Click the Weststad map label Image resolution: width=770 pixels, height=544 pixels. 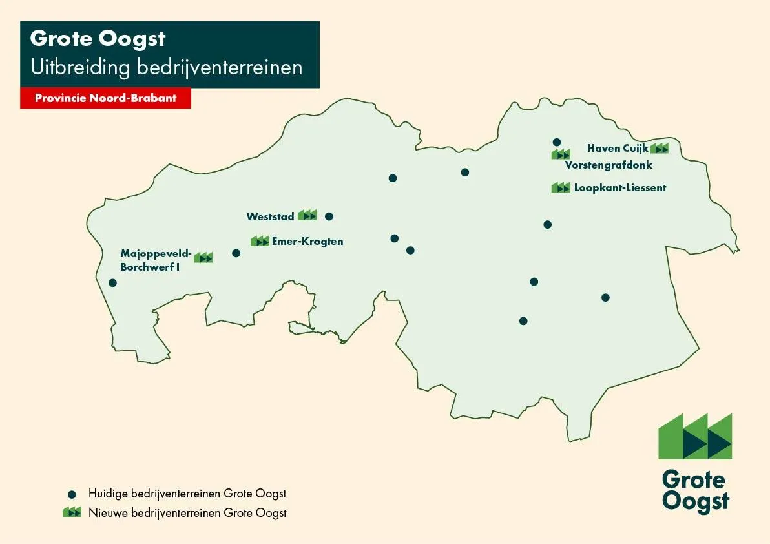(x=270, y=216)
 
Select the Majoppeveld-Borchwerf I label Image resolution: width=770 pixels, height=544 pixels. (x=155, y=259)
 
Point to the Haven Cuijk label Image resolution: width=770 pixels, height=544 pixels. (x=617, y=148)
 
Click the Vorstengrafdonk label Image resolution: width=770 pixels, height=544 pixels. (x=609, y=165)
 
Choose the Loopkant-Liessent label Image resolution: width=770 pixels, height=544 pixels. (x=620, y=188)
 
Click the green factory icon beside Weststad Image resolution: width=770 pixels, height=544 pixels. (x=307, y=215)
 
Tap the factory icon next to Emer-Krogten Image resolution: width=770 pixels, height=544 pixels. (x=260, y=241)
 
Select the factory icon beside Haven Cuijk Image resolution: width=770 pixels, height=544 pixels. (x=660, y=149)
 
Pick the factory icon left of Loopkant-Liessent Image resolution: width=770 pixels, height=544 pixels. (x=561, y=187)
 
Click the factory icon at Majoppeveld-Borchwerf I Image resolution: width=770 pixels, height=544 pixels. (x=203, y=257)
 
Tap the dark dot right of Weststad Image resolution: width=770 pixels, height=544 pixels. (x=329, y=216)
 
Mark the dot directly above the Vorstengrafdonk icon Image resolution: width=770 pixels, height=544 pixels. (x=556, y=142)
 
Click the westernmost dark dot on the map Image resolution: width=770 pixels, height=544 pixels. (x=112, y=282)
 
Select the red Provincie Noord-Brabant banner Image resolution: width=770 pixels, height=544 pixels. (x=106, y=99)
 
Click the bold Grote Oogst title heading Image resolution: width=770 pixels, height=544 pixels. (x=98, y=39)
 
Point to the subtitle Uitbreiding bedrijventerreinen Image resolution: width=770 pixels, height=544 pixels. (x=166, y=67)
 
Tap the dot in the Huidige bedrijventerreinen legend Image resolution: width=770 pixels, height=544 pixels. (x=72, y=494)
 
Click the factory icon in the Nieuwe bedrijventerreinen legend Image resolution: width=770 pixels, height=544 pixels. (x=72, y=512)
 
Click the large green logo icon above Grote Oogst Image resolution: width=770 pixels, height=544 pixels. (x=695, y=436)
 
